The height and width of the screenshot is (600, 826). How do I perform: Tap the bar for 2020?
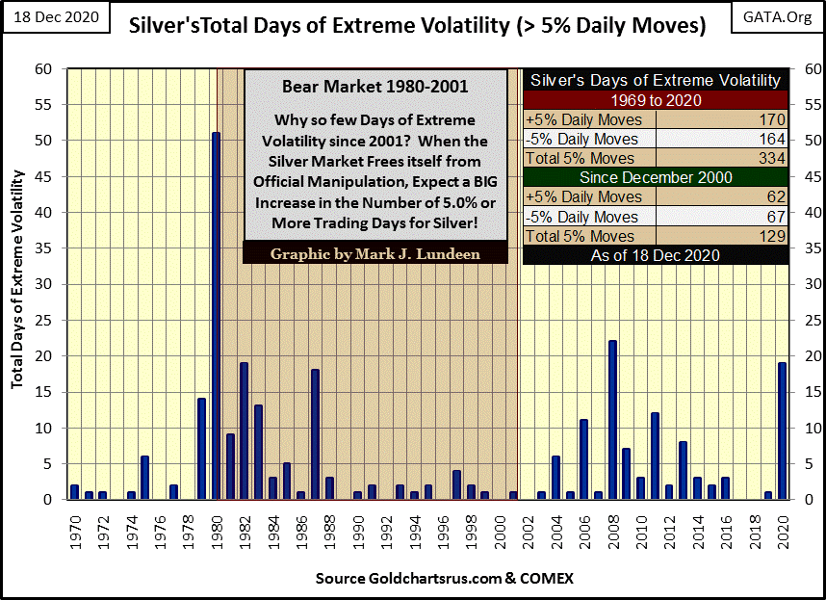click(x=782, y=430)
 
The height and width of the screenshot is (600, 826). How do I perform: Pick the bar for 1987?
click(x=315, y=434)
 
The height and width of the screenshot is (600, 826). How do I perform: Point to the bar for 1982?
click(x=244, y=430)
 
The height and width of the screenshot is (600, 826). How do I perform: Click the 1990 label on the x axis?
click(x=357, y=529)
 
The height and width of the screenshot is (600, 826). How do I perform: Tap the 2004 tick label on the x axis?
click(x=555, y=529)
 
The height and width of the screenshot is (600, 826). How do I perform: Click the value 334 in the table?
click(x=771, y=158)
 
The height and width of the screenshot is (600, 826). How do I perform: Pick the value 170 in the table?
click(x=771, y=119)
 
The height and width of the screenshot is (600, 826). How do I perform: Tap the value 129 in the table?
click(x=771, y=236)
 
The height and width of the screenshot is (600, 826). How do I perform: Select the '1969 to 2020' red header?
click(x=655, y=100)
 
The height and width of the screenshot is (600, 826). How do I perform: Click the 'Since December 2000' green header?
click(x=655, y=177)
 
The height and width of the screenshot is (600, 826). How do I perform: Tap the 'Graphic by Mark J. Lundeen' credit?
click(x=375, y=253)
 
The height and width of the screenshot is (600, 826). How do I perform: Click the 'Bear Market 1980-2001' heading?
click(x=375, y=87)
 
